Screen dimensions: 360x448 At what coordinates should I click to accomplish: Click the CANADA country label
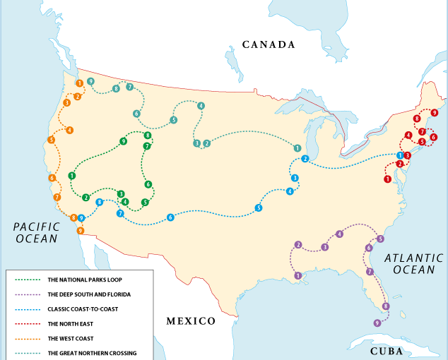click(x=268, y=44)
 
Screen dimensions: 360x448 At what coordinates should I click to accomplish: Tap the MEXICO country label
click(x=191, y=321)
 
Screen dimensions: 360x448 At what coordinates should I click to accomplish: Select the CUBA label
click(x=387, y=351)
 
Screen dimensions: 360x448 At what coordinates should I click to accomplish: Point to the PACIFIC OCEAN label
click(x=35, y=232)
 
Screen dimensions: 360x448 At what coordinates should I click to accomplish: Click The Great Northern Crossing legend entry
click(x=92, y=353)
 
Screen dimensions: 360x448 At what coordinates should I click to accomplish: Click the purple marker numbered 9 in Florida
click(x=377, y=323)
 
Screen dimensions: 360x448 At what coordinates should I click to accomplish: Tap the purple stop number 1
click(x=298, y=275)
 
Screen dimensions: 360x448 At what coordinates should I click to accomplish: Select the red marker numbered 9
click(x=434, y=113)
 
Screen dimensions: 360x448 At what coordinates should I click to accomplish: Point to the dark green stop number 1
click(x=71, y=175)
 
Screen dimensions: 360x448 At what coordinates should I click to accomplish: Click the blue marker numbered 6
click(x=170, y=217)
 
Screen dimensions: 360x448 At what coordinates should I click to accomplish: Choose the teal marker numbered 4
click(x=201, y=106)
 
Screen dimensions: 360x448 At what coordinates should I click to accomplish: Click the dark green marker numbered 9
click(x=123, y=141)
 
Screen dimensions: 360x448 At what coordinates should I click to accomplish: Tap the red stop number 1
click(x=387, y=179)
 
